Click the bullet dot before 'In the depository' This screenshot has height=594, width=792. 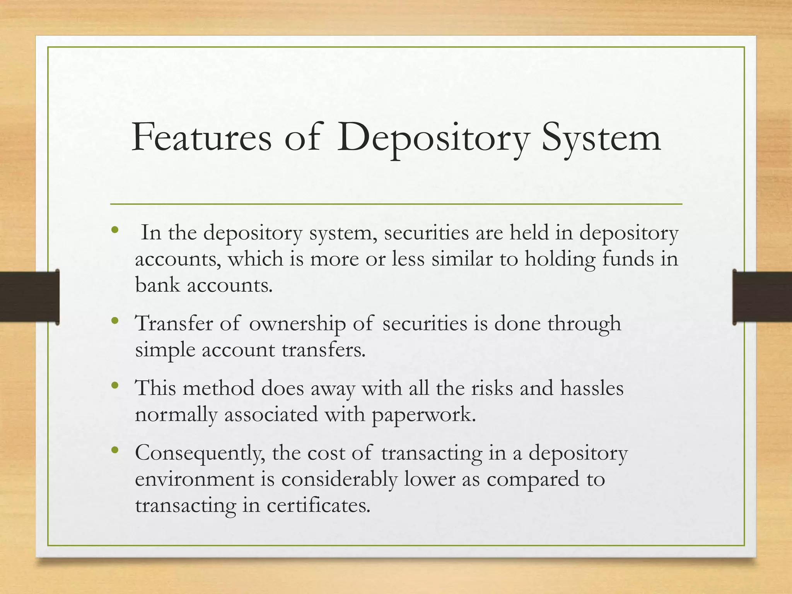[114, 231]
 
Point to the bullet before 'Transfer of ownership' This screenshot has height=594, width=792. [114, 321]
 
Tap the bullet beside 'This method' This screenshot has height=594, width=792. [114, 385]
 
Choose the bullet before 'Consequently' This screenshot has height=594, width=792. [114, 450]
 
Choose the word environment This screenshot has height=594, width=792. [195, 480]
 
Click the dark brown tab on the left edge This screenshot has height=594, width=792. [29, 297]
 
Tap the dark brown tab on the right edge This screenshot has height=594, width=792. [762, 297]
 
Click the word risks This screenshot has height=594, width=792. [492, 388]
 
